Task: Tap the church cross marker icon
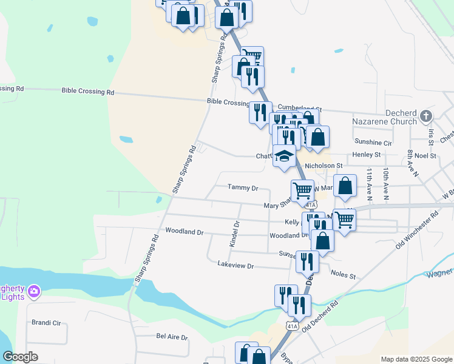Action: pos(426,115)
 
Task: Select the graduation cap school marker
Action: pos(283,157)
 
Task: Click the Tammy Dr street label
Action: pos(243,188)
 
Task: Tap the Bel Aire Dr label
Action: pos(172,337)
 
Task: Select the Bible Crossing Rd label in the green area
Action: pos(88,92)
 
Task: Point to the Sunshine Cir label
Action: pos(374,143)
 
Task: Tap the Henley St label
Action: pos(366,155)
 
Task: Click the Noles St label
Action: pos(343,275)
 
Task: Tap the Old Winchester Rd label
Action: pos(417,230)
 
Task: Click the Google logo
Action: pos(21,357)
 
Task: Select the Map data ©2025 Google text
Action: pos(416,359)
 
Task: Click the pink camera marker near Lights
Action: pos(35,292)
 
